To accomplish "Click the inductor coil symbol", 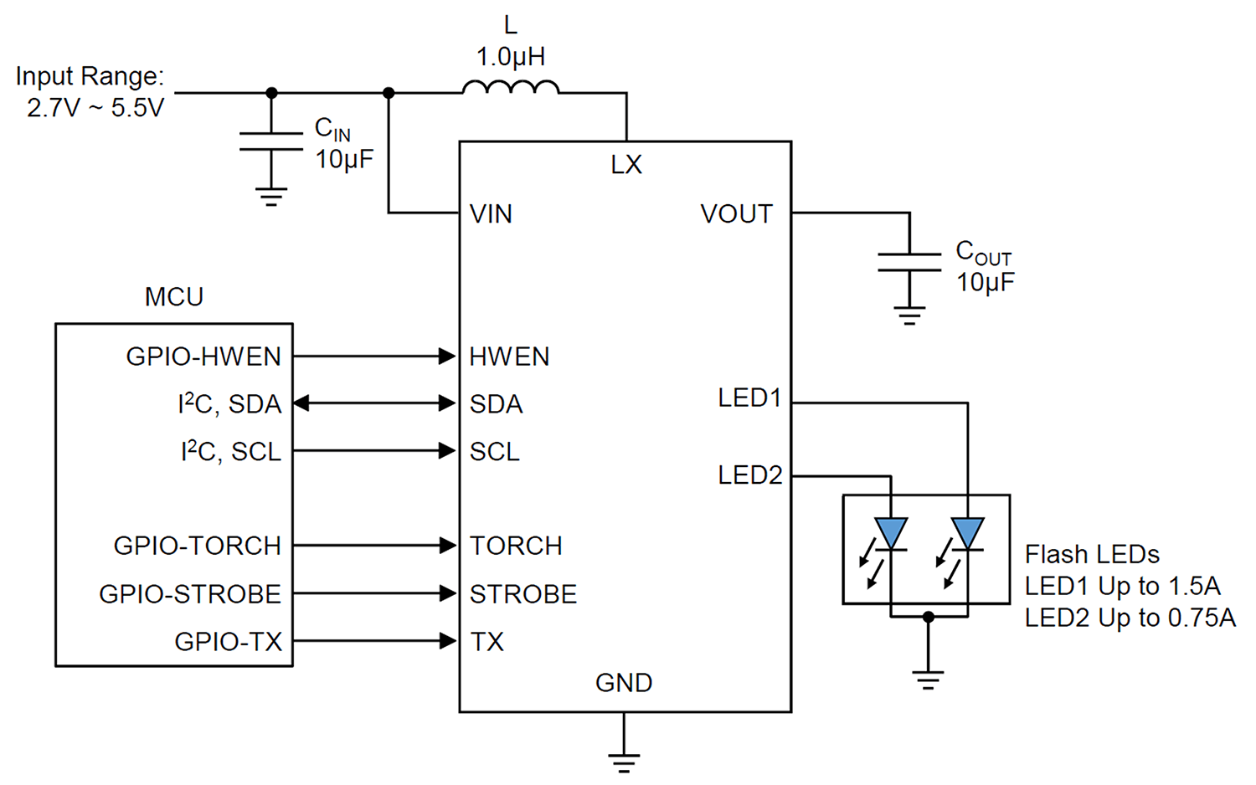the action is coord(510,87).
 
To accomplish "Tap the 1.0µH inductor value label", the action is coord(510,57).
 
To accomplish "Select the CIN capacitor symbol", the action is coord(271,141).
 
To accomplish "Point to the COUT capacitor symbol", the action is coord(909,262).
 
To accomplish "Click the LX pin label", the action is coord(625,164).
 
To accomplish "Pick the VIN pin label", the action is coord(491,213).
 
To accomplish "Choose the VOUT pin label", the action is coord(736,213).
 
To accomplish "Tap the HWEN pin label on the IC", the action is coord(509,357).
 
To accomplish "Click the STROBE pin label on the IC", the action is coord(523,594).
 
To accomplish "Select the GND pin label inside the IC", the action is coord(624,682).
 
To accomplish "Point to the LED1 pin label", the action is coord(749,398).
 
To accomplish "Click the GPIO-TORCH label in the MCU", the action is coord(198,546).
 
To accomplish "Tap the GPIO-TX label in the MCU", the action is coord(229,642).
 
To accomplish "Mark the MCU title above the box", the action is coord(174,296).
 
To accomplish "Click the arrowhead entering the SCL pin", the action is coord(447,450).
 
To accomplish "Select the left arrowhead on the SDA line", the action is coord(301,403).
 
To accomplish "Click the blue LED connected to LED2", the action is coord(891,534).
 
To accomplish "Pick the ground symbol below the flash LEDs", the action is coord(928,680).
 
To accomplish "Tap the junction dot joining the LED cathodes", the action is coord(929,617).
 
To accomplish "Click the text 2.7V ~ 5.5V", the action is coord(95,108).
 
